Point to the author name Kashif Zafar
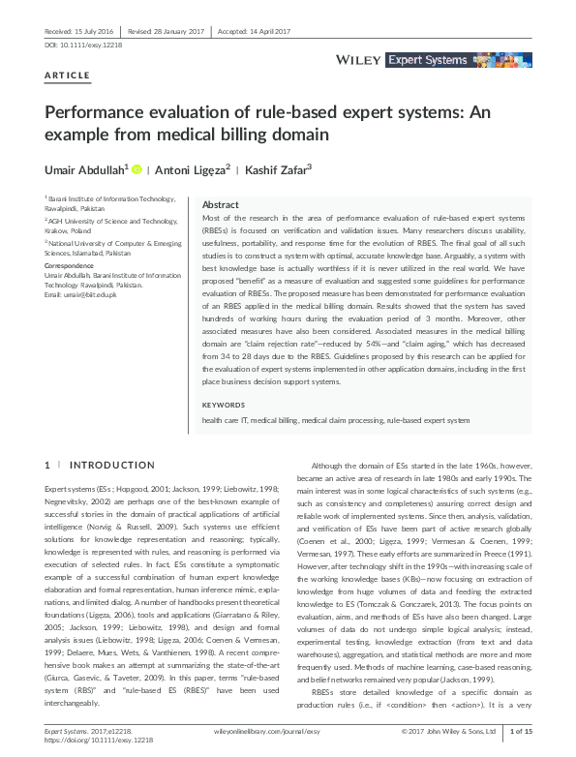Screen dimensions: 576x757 (x=280, y=169)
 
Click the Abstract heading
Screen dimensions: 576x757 (x=220, y=206)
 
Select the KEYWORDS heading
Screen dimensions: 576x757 (x=224, y=405)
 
